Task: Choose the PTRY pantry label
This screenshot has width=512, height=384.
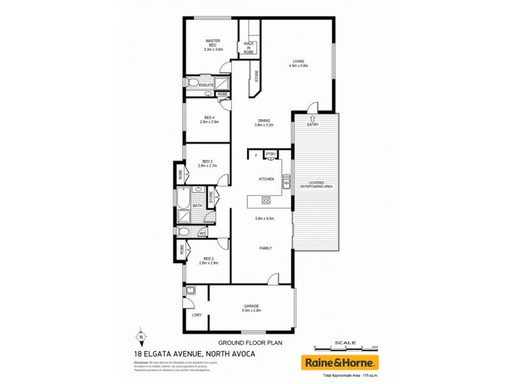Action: tap(270, 154)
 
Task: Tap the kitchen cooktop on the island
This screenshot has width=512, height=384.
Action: tap(266, 201)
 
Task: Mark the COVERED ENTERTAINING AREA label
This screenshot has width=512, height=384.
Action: tap(320, 184)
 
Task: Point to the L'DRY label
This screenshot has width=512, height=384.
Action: tap(196, 315)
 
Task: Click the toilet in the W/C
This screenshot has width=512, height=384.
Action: tap(184, 232)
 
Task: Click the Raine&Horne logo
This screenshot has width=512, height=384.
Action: tap(344, 362)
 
